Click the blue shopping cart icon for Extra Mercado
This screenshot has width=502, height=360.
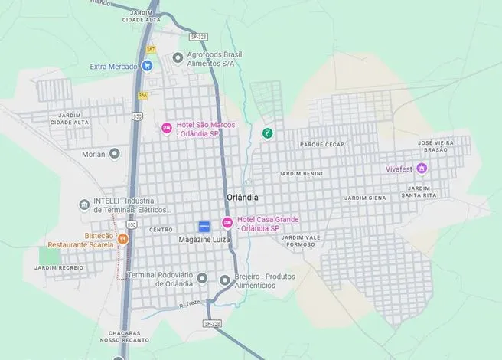coord(147,67)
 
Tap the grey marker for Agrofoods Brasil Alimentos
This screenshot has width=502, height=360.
coord(178,57)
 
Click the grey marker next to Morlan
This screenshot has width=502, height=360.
coord(115,154)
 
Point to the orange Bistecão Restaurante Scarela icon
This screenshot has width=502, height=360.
coord(123,239)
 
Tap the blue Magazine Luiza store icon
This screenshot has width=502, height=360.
coord(204,227)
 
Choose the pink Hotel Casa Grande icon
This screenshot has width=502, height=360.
coord(227,223)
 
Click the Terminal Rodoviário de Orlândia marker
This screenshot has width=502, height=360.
coord(202,277)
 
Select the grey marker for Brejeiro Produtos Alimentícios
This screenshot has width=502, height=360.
coord(224,280)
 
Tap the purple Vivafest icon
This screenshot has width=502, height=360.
coord(421,169)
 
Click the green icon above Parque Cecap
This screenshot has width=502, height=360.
coord(268,133)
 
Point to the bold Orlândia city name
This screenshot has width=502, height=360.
coord(243,197)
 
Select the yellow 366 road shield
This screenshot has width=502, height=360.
coord(143,96)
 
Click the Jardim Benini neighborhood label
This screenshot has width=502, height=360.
coord(301,174)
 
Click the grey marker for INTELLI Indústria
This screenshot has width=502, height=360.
coord(84,205)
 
